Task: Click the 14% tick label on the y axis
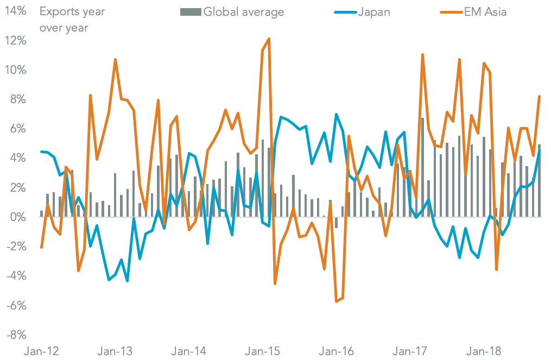tap(15, 11)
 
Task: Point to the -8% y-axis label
tap(15, 334)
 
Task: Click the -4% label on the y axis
tap(15, 276)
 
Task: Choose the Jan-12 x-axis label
tap(42, 351)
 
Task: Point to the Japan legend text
tap(373, 11)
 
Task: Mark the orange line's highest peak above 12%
tap(269, 39)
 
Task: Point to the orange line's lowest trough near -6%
tap(337, 301)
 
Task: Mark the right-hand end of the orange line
tap(539, 97)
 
